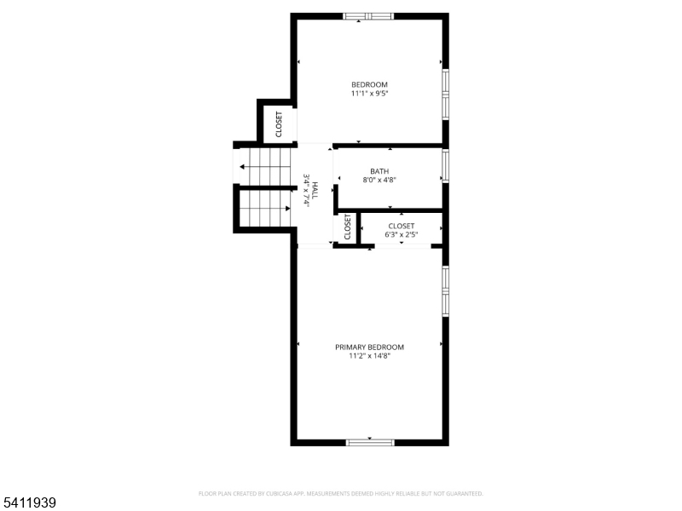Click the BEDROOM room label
pos(369,84)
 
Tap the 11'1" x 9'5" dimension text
pos(369,94)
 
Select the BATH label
pos(379,171)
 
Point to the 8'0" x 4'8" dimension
pos(379,181)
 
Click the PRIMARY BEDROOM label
pos(369,347)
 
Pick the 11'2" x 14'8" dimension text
pos(369,356)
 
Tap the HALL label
pos(315,190)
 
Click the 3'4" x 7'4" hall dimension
pos(306,190)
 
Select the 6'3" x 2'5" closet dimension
pos(401,234)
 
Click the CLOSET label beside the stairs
pos(279,124)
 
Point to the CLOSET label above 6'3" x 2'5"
pos(401,226)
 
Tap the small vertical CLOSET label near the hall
pos(348,227)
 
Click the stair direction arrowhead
pos(243,167)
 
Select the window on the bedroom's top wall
pos(368,15)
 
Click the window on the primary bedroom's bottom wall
pos(370,442)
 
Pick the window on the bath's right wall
pos(445,165)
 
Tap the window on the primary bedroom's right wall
pos(445,292)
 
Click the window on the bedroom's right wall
pos(445,93)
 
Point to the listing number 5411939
pos(30,503)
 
